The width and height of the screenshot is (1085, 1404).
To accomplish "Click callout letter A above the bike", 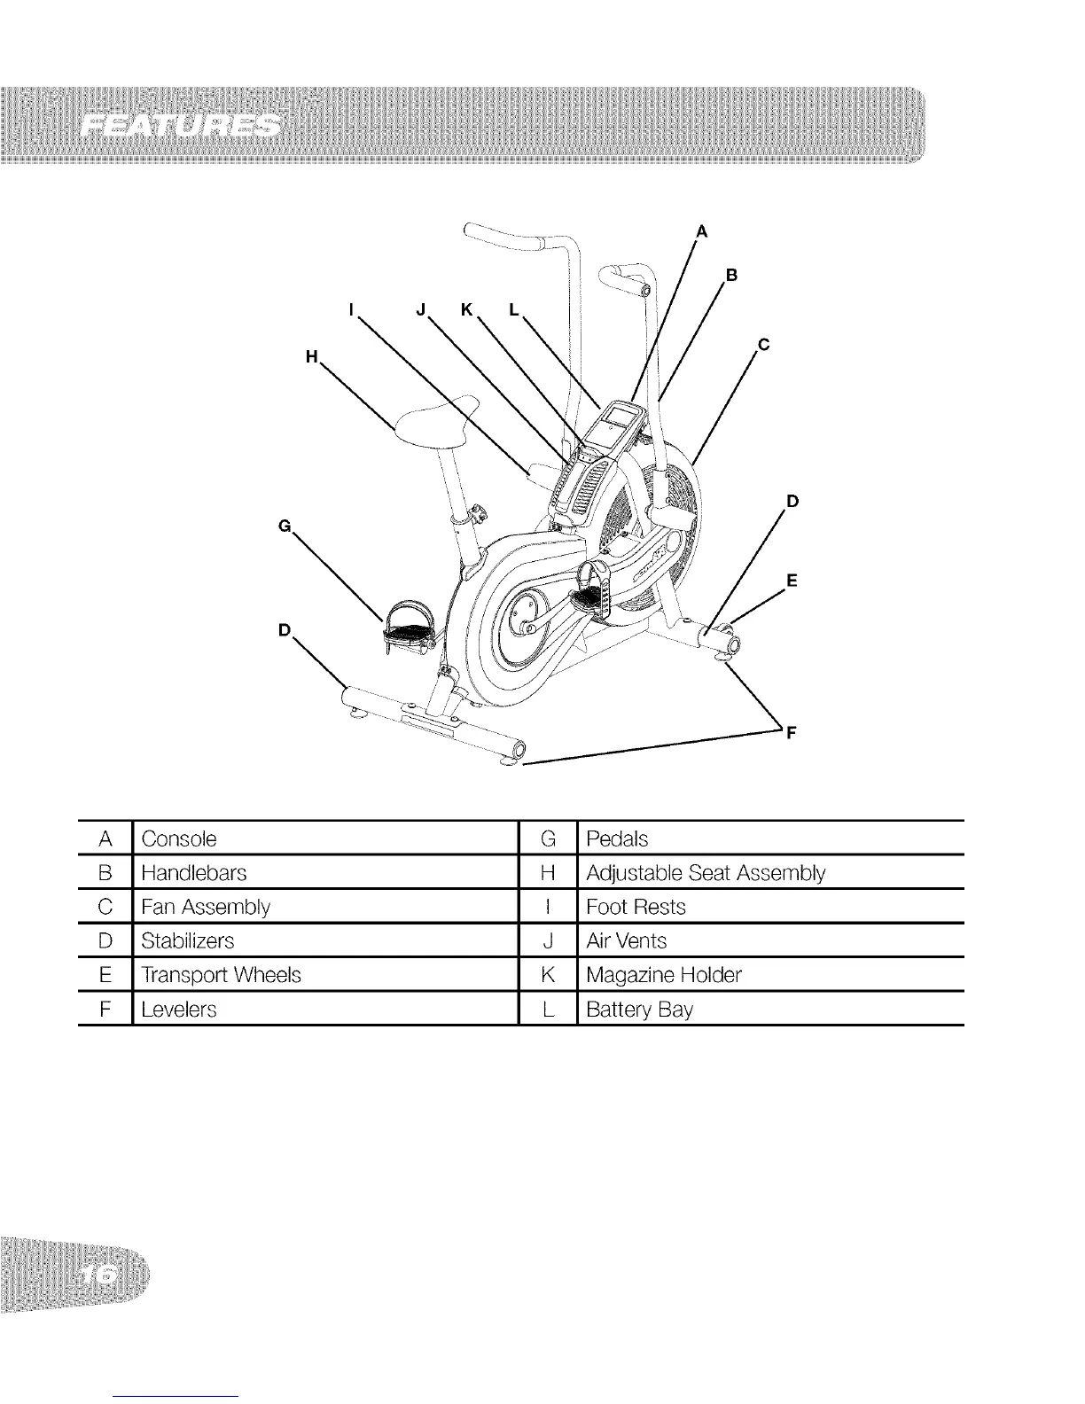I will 702,232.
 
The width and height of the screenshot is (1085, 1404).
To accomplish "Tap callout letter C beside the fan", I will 762,347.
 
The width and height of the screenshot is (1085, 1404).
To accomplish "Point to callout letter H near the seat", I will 310,356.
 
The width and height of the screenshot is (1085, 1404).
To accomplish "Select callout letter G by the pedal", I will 285,526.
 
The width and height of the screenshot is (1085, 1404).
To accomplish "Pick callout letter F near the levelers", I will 792,732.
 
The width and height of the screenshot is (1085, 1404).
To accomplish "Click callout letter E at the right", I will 792,581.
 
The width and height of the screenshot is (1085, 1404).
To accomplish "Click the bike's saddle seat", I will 434,419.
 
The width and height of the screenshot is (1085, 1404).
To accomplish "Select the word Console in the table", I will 179,838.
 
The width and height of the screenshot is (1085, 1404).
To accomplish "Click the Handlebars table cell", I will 193,873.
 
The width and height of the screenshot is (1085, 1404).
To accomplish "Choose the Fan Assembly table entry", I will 206,907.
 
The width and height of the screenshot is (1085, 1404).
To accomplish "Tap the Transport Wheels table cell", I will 222,975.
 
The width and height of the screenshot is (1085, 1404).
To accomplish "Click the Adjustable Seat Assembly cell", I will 706,873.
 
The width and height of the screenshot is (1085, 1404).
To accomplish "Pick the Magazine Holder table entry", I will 664,975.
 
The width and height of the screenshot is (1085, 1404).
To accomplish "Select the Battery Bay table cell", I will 640,1010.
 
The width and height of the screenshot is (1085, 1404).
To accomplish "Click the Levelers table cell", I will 179,1010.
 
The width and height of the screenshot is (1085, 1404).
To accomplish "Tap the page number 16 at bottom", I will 102,1274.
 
